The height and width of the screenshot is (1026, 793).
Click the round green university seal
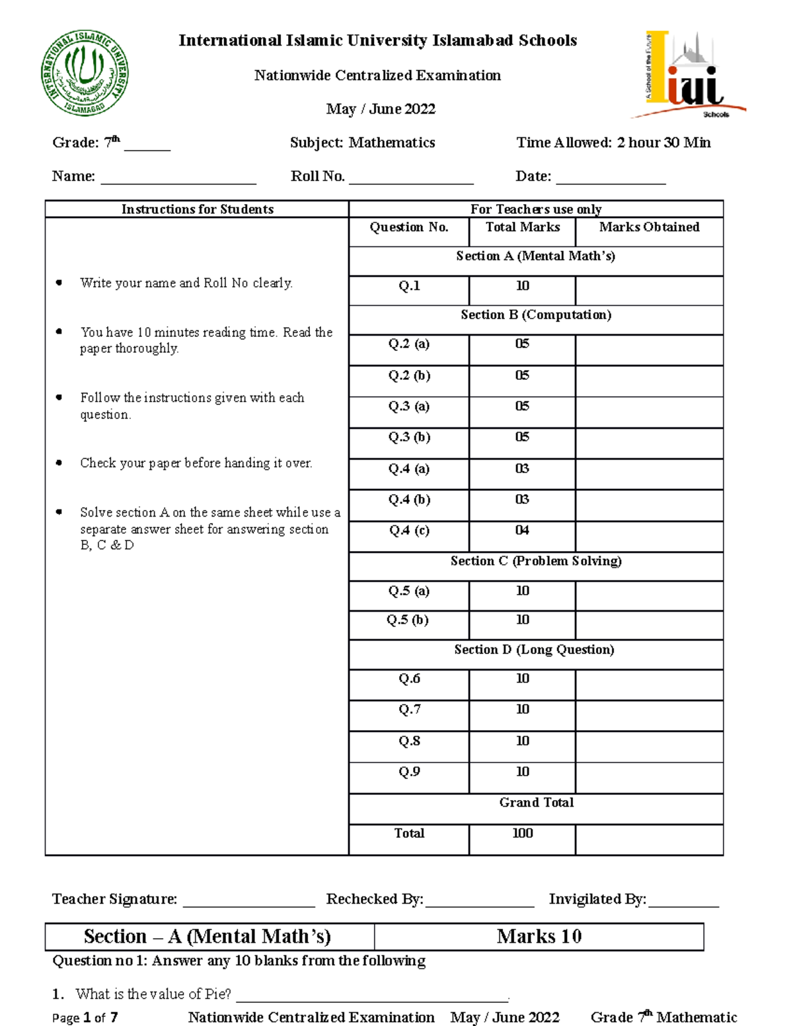point(85,73)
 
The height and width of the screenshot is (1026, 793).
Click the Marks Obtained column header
point(649,227)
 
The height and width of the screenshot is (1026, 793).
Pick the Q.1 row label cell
point(409,286)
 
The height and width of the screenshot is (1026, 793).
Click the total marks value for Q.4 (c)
point(522,531)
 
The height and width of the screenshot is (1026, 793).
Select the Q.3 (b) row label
point(409,437)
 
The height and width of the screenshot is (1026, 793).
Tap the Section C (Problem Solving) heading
point(536,561)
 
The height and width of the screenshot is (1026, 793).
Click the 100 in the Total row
point(522,834)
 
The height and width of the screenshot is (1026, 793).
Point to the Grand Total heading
point(536,803)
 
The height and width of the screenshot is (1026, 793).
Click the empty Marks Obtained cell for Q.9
point(649,777)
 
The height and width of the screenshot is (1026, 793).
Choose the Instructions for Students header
point(197,209)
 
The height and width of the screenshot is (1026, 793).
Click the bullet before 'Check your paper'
point(59,463)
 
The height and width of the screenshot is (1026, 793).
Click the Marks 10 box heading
point(539,937)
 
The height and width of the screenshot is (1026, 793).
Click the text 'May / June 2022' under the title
point(381,109)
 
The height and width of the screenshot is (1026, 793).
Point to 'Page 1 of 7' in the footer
point(85,1018)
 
